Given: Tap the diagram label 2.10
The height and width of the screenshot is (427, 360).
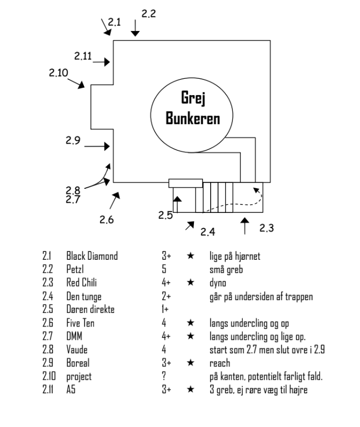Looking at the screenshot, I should [58, 73].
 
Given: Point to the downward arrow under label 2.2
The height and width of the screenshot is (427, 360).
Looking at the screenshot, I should [136, 28].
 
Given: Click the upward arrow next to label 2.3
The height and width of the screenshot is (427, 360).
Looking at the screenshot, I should [244, 225].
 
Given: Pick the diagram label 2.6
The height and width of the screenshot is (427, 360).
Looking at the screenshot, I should [107, 220].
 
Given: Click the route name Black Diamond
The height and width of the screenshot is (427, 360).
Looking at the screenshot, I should [92, 256].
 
